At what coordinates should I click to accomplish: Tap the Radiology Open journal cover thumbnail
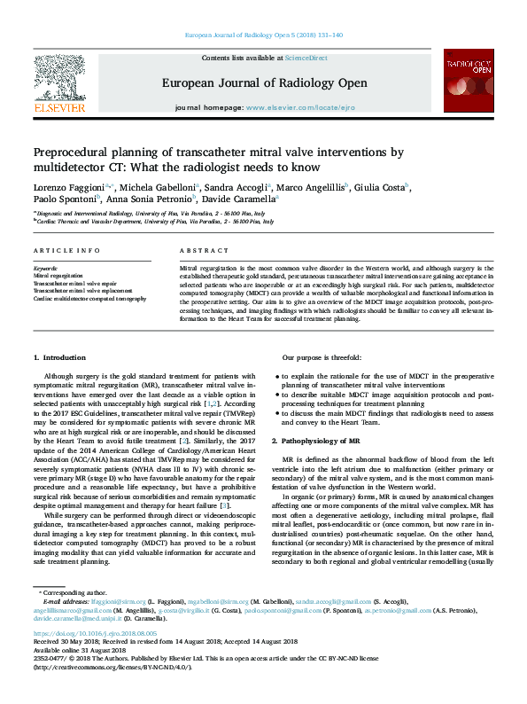tap(468, 80)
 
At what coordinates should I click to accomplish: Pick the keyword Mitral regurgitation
tap(57, 275)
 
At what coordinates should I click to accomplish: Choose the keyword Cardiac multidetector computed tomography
tap(89, 299)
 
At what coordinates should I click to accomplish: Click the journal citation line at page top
tap(263, 35)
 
